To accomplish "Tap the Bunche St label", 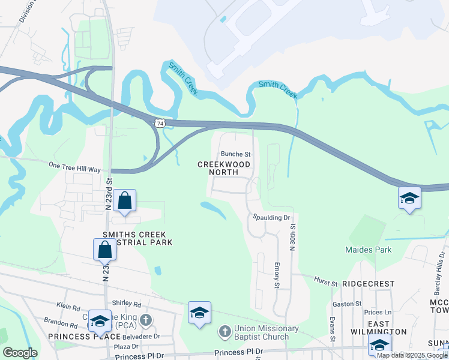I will pyautogui.click(x=235, y=154).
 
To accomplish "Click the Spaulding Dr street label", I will pyautogui.click(x=271, y=218).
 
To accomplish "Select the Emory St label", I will pyautogui.click(x=277, y=274).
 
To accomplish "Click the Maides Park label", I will pyautogui.click(x=368, y=250).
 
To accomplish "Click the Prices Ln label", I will pyautogui.click(x=378, y=312).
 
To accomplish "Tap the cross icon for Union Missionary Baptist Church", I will pyautogui.click(x=224, y=331).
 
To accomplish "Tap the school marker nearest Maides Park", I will pyautogui.click(x=409, y=198).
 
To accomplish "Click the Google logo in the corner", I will pyautogui.click(x=20, y=353).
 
